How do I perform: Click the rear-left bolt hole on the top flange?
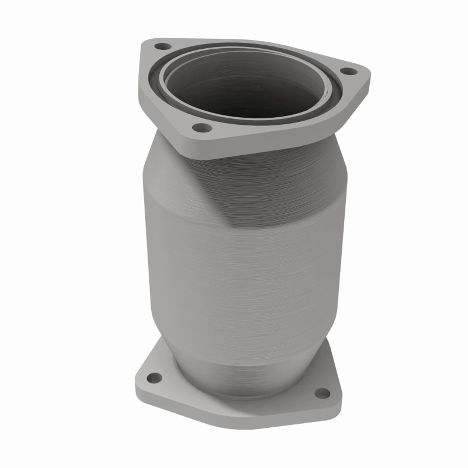pos(163,46)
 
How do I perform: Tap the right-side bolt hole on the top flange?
pos(348,71)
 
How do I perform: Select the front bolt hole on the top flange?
pos(202,128)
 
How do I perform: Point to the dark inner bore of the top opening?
pos(241,88)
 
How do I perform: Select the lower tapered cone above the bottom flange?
pos(249,366)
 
